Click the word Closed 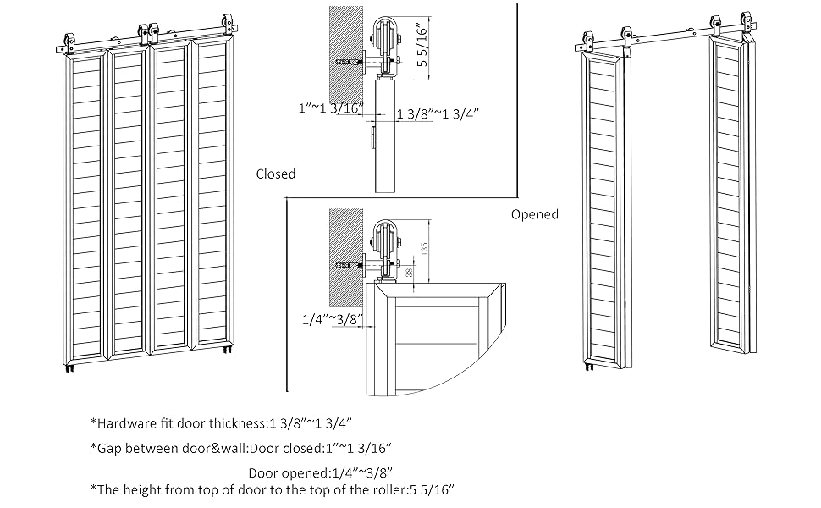tap(276, 174)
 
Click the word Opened tap(535, 214)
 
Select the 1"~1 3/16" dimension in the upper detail tap(330, 108)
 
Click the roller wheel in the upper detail tap(390, 38)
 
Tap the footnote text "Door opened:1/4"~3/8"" tap(320, 472)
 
